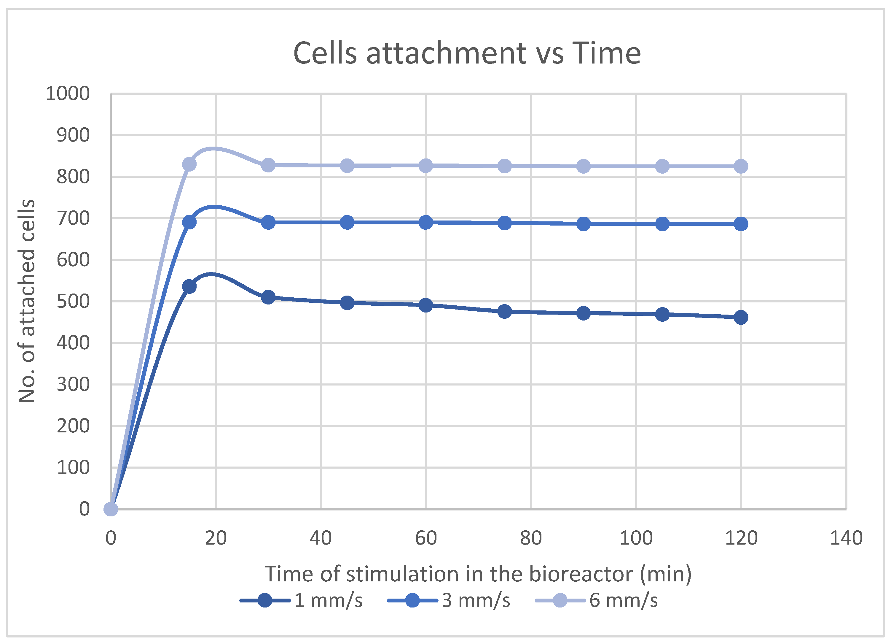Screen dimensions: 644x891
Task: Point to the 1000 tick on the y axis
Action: coord(68,94)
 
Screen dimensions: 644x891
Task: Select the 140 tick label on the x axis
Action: coord(846,538)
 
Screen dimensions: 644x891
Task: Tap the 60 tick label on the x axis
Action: coord(426,538)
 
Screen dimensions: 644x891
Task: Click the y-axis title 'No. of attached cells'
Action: coord(27,301)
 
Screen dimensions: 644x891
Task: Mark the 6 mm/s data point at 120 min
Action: coord(741,166)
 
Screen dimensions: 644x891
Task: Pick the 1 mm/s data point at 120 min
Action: coord(741,317)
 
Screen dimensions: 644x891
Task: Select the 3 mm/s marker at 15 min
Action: coord(189,222)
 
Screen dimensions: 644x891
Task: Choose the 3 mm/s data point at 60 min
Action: coord(426,223)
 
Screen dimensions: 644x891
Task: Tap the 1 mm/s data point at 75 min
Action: coord(504,312)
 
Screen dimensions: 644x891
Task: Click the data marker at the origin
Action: coord(111,509)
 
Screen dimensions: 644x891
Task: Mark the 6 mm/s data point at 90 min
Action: coord(584,166)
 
